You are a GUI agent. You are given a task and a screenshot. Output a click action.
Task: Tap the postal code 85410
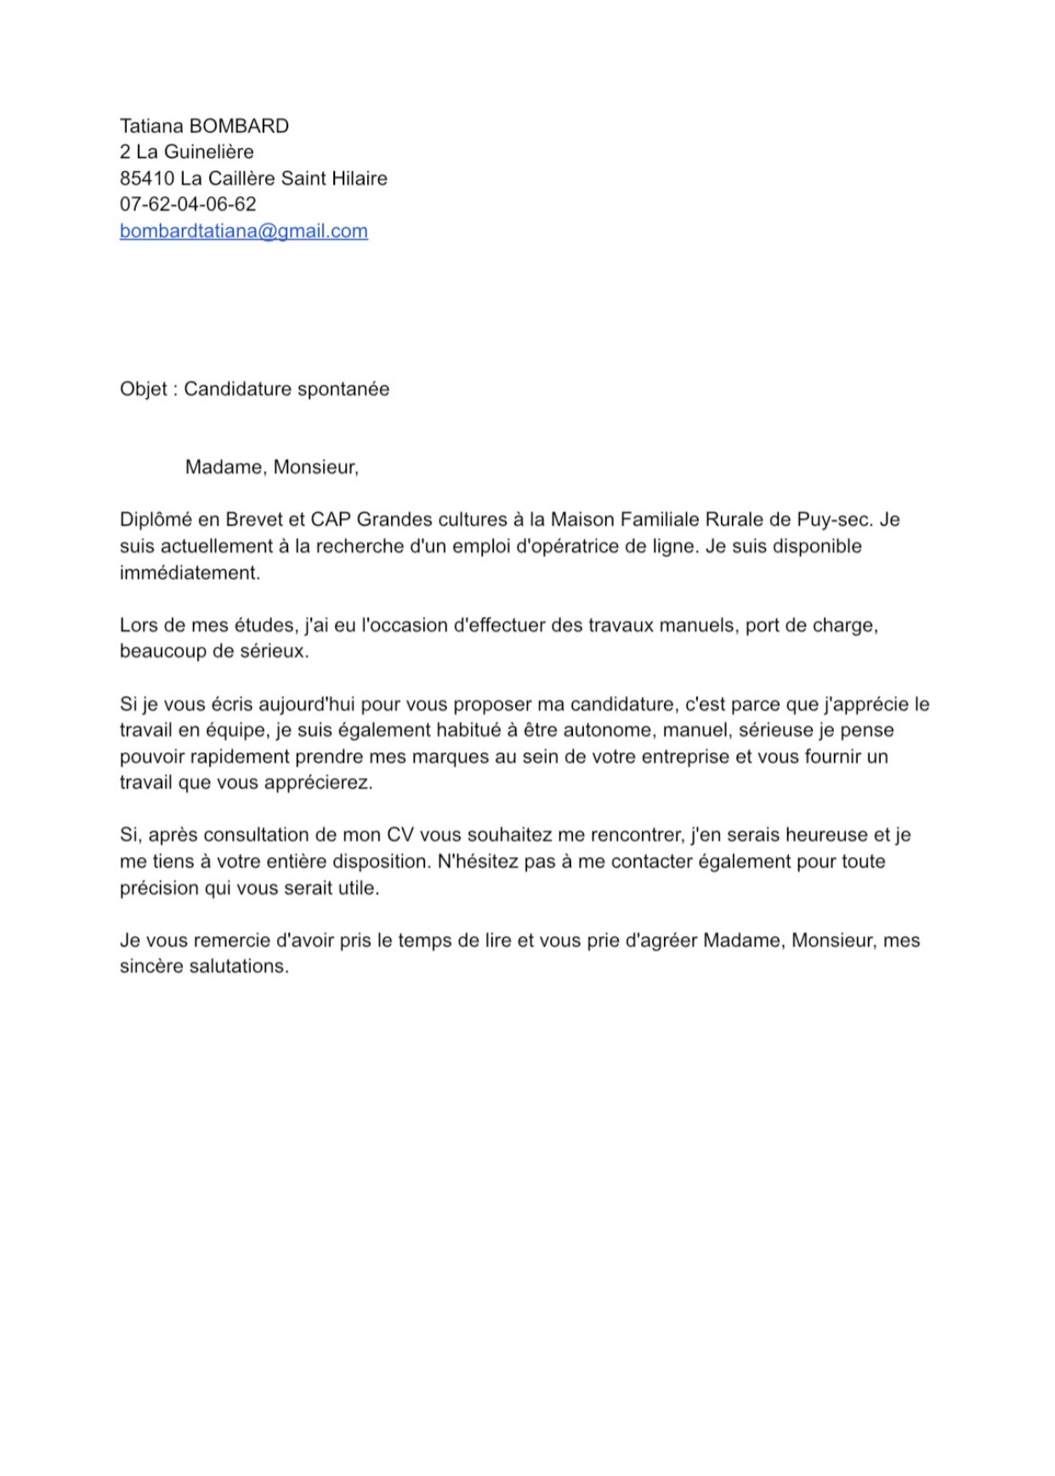pyautogui.click(x=147, y=179)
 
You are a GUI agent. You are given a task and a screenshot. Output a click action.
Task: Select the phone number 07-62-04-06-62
pyautogui.click(x=188, y=205)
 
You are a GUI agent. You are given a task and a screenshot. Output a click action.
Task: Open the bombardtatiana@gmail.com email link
pyautogui.click(x=243, y=231)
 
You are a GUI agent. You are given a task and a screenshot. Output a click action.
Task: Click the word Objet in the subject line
pyautogui.click(x=143, y=389)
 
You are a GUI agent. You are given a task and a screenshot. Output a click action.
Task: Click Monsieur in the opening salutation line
pyautogui.click(x=315, y=468)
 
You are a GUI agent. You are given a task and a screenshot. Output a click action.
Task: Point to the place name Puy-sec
pyautogui.click(x=834, y=519)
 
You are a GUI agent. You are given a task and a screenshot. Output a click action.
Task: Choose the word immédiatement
pyautogui.click(x=190, y=573)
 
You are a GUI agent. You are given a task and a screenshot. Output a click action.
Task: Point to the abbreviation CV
pyautogui.click(x=400, y=836)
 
